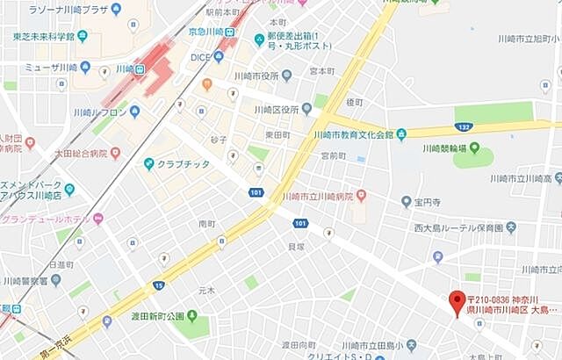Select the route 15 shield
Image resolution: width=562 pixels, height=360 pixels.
click(158, 284)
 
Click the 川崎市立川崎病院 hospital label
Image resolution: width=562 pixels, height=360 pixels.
click(316, 195)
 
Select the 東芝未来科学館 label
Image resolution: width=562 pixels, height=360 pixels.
click(44, 36)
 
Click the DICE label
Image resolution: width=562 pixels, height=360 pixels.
click(200, 57)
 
